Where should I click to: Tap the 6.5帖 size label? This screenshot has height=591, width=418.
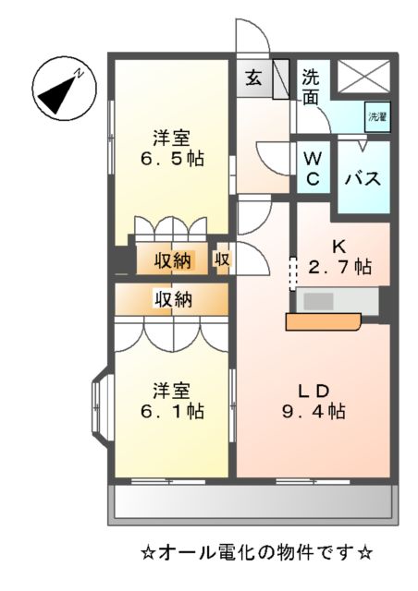point(173,159)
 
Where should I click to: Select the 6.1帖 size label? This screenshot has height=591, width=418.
point(173,411)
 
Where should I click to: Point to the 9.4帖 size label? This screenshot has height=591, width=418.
point(314,412)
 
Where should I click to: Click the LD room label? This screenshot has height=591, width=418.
point(313,389)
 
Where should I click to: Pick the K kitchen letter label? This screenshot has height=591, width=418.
point(338,247)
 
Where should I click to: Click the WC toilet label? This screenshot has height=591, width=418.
point(313,168)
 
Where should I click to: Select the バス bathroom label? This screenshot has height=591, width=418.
point(363,178)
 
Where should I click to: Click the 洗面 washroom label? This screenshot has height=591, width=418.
point(312,87)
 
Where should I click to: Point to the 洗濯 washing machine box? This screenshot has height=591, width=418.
point(377,117)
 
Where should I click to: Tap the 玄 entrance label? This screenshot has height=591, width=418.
point(253,78)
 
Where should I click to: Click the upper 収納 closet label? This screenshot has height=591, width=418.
point(172,260)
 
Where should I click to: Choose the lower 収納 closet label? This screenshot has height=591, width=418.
point(172,298)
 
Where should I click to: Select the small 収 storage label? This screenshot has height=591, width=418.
point(222,259)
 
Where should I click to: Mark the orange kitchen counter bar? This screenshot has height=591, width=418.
point(322,321)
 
